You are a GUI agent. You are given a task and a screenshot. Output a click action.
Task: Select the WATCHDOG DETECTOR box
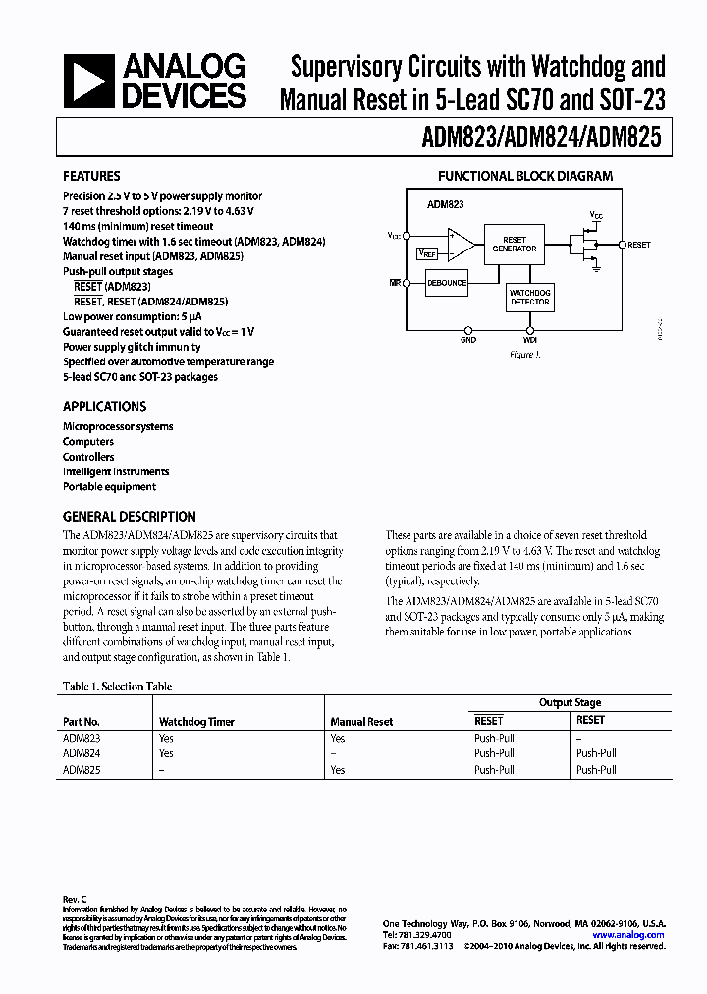click(x=530, y=297)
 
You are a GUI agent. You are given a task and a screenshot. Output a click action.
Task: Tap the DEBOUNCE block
click(x=447, y=283)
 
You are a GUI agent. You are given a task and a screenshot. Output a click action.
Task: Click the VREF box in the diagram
click(x=427, y=252)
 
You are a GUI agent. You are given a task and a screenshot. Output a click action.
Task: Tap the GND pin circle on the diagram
click(x=468, y=329)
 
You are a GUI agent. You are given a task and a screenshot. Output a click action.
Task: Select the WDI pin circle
click(x=530, y=329)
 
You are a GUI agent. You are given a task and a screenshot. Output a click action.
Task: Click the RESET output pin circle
click(x=623, y=244)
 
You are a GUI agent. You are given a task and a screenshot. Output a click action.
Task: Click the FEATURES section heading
click(x=91, y=176)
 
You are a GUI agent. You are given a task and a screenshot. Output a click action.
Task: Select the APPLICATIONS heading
click(x=104, y=406)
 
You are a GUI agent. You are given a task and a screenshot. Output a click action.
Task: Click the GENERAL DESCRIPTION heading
click(x=129, y=516)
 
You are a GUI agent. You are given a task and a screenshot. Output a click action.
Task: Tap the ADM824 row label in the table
click(x=82, y=753)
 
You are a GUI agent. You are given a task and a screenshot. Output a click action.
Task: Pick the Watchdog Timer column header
click(x=196, y=721)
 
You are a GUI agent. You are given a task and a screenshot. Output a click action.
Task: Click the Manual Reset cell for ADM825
click(x=338, y=770)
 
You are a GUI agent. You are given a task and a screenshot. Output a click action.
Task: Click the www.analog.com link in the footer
click(x=633, y=935)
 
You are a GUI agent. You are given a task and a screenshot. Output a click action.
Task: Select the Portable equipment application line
click(x=109, y=486)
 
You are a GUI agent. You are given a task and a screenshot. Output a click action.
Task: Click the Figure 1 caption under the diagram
click(x=525, y=355)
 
